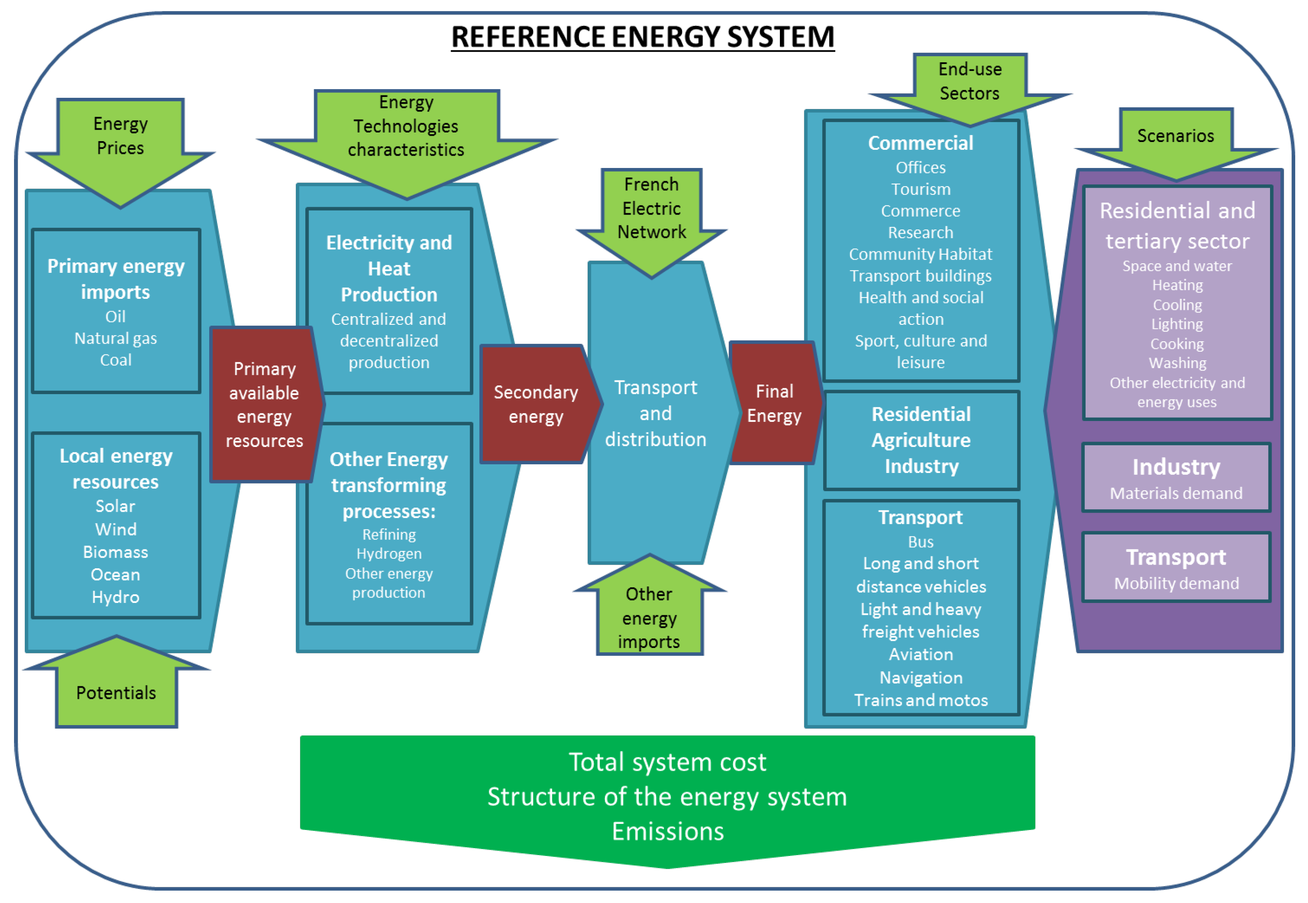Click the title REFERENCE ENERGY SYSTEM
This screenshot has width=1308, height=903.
pyautogui.click(x=642, y=37)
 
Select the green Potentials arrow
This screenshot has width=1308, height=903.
pyautogui.click(x=116, y=693)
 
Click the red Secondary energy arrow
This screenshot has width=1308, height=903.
pyautogui.click(x=536, y=404)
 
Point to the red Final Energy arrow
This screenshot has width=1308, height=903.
pyautogui.click(x=774, y=403)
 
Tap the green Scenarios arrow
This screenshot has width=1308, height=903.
pyautogui.click(x=1175, y=136)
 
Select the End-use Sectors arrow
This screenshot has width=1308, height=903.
pyautogui.click(x=969, y=81)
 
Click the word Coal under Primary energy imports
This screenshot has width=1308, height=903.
pyautogui.click(x=116, y=360)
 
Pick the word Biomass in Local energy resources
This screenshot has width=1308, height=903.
pyautogui.click(x=116, y=552)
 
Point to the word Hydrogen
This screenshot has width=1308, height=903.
pyautogui.click(x=389, y=553)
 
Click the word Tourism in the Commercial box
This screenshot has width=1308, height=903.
pyautogui.click(x=921, y=189)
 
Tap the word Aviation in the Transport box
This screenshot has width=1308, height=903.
pyautogui.click(x=921, y=654)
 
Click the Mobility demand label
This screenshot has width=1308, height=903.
pyautogui.click(x=1176, y=583)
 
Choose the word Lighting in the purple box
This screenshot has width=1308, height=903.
pyautogui.click(x=1177, y=324)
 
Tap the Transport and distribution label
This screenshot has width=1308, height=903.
pyautogui.click(x=655, y=413)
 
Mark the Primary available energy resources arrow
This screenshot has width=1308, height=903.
pyautogui.click(x=264, y=404)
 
